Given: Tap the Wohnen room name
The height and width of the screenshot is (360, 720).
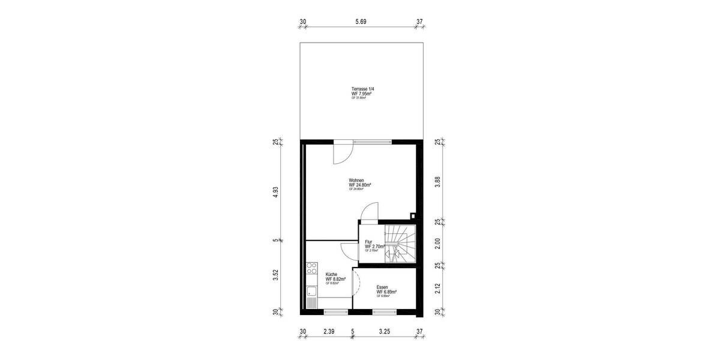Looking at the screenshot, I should (x=356, y=180).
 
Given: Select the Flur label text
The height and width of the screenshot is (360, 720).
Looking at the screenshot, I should (x=368, y=242).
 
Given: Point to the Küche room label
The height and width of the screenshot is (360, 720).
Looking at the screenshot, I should (x=331, y=274).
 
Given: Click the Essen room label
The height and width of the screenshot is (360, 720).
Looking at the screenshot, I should (x=382, y=287).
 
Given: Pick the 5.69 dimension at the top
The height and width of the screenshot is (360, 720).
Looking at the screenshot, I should (x=361, y=22).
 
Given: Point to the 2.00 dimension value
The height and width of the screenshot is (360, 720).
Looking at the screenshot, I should (x=437, y=243).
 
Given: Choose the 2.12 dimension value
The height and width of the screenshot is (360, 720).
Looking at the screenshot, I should (x=437, y=288).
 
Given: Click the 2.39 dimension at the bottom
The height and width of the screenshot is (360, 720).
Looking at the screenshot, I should (x=328, y=331).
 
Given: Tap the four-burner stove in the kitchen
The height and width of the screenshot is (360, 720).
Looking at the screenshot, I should (x=312, y=269).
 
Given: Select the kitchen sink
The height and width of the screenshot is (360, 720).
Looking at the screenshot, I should (x=312, y=292).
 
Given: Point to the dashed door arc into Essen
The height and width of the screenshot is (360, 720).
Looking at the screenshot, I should (x=356, y=282).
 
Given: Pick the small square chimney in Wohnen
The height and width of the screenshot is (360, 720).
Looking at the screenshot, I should (x=413, y=215).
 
